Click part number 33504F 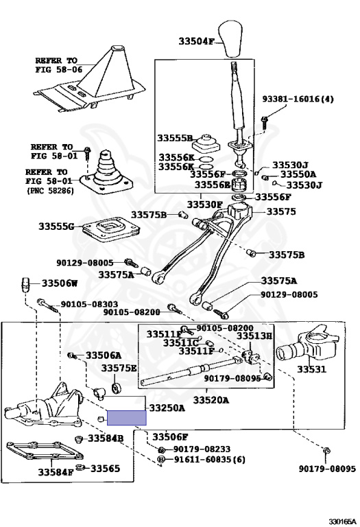196,41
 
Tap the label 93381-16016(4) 298,99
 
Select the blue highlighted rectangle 127,418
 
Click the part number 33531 311,369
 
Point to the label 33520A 211,400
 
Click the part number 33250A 167,408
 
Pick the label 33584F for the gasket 56,472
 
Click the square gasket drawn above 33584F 45,451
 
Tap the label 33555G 56,226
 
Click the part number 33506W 60,283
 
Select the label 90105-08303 89,304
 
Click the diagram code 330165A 342,522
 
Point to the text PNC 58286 50,191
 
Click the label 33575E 119,368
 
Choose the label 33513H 254,336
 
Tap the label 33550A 298,174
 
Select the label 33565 106,468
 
